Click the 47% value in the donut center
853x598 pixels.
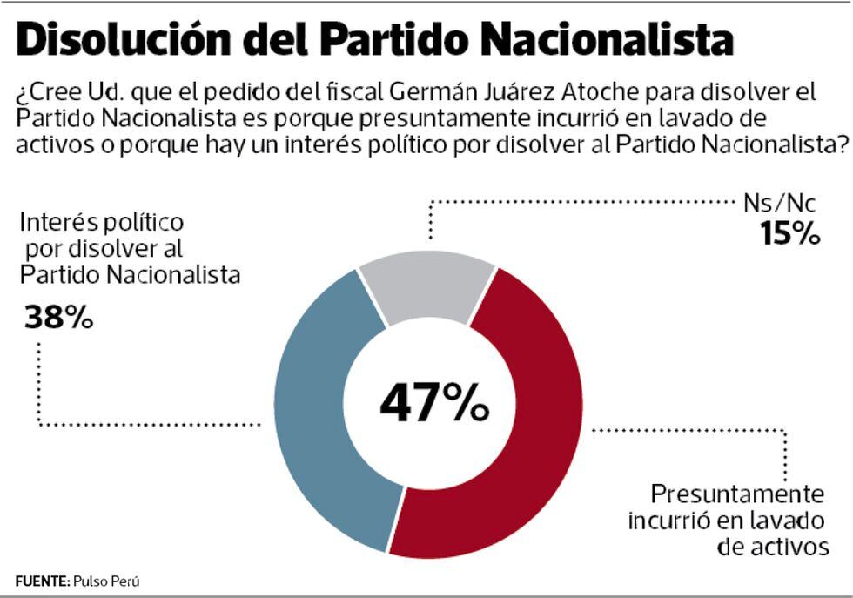tap(433, 403)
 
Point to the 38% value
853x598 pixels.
tap(58, 318)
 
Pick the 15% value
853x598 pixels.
tap(789, 232)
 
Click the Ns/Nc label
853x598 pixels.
tap(780, 204)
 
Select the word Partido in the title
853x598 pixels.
tap(395, 41)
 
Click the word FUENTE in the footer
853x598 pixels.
tap(41, 580)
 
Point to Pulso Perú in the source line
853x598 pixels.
tap(107, 580)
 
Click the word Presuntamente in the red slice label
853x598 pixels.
tap(737, 494)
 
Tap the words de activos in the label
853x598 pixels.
tap(771, 547)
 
